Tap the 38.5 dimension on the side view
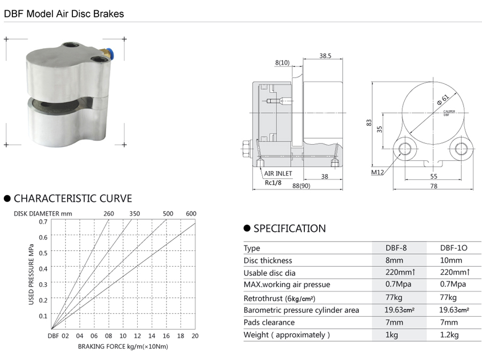pos(325,56)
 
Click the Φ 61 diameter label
pos(443,99)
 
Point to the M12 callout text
pos(378,172)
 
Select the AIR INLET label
pos(278,174)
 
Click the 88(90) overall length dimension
pos(301,186)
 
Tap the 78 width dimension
pos(433,186)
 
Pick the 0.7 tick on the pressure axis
pos(43,222)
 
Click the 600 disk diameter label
pos(191,214)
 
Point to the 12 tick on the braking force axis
pos(138,336)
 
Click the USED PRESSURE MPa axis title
pos(31,274)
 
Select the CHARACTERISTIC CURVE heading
pos(73,199)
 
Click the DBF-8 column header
pos(396,248)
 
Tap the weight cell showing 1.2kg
pos(449,335)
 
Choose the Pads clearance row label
pos(269,322)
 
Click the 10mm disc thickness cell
pos(451,260)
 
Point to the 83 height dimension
pos(369,122)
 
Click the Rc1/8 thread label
pos(273,183)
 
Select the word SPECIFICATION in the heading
pos(290,228)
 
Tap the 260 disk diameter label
pos(109,214)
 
